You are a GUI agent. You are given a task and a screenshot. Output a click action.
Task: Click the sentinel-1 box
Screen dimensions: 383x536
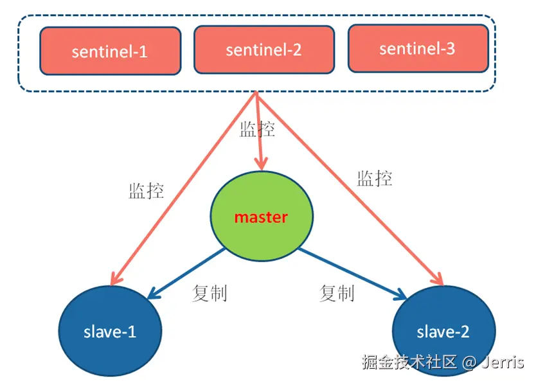[x=109, y=51]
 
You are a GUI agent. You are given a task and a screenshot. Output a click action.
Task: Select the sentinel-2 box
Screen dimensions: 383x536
[x=264, y=49]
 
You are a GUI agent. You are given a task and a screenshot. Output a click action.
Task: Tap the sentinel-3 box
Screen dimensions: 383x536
[x=418, y=48]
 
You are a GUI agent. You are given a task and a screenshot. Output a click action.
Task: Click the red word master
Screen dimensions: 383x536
[x=261, y=217]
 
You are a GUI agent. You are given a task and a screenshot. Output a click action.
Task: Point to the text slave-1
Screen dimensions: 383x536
[x=110, y=332]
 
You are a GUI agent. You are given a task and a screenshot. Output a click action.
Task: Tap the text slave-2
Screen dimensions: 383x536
[x=443, y=332]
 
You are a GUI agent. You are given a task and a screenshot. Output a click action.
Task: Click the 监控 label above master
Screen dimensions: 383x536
[x=257, y=129]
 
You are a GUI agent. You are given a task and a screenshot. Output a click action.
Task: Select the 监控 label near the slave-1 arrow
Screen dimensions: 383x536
[x=147, y=190]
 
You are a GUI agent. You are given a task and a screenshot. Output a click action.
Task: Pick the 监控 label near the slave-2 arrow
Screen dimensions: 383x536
[x=375, y=178]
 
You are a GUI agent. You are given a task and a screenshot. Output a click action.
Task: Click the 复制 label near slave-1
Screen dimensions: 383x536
[x=210, y=293]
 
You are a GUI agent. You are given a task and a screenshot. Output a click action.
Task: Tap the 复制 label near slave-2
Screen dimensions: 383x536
[x=337, y=293]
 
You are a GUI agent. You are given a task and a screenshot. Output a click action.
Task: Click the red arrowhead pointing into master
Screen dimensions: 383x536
[x=261, y=163]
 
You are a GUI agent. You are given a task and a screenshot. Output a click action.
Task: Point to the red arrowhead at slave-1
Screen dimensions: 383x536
[x=116, y=278]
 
